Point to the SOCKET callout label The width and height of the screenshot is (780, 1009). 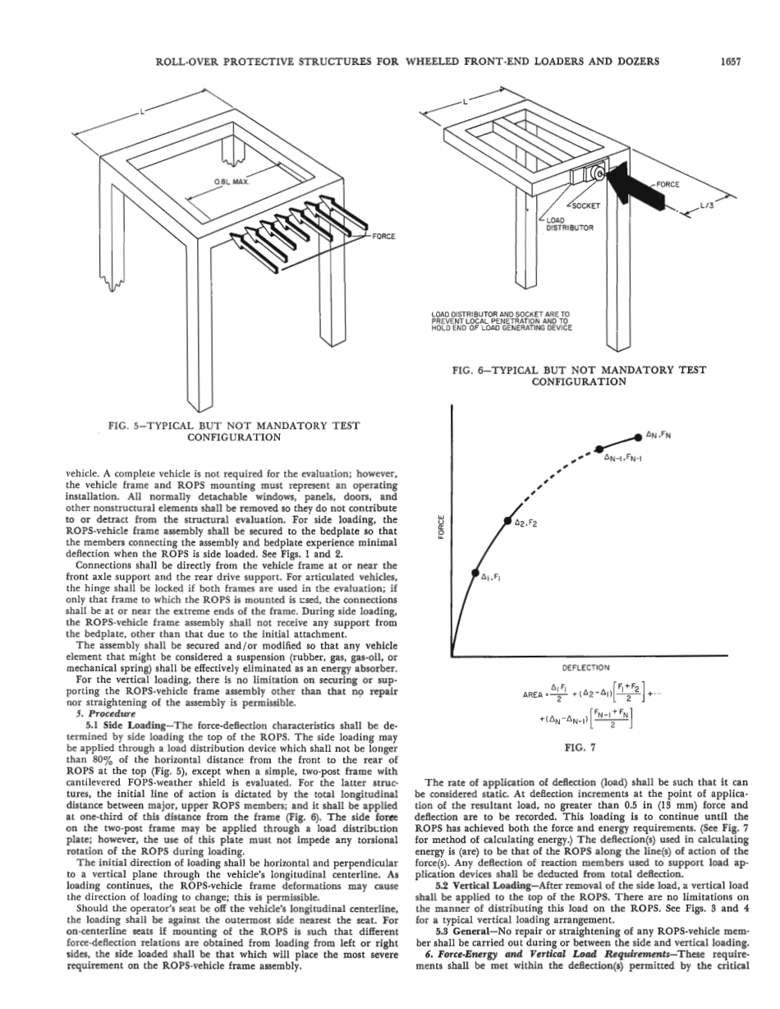pyautogui.click(x=586, y=205)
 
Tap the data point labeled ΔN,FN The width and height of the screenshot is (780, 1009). pyautogui.click(x=638, y=435)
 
